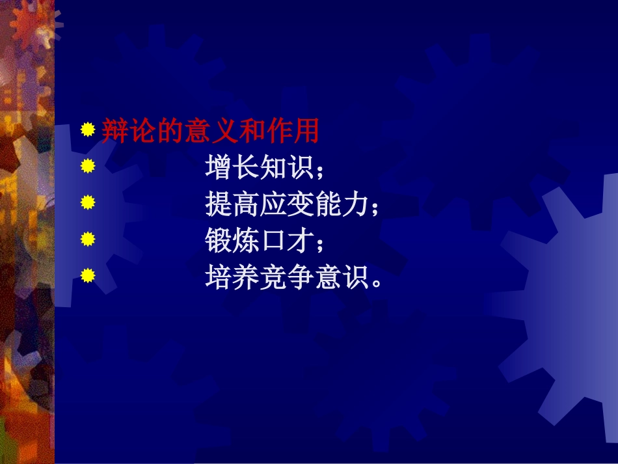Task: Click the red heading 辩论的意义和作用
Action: point(210,132)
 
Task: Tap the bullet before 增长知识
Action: point(88,167)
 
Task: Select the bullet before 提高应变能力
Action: point(88,204)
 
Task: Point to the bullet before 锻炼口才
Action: point(88,240)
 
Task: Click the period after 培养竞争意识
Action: point(374,284)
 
